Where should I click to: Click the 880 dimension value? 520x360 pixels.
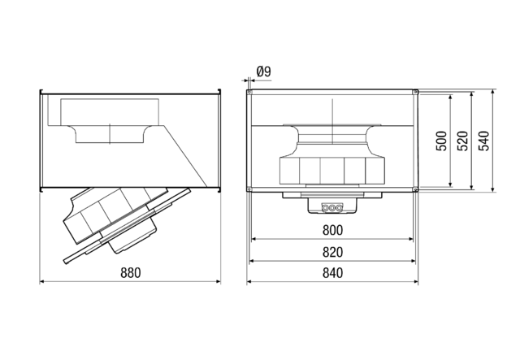click(130, 272)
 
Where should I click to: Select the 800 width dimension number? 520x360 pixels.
click(333, 230)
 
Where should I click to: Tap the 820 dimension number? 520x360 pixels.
click(333, 251)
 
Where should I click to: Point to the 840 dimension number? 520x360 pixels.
click(333, 272)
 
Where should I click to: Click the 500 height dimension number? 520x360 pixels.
click(440, 142)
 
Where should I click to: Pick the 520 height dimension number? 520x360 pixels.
click(461, 142)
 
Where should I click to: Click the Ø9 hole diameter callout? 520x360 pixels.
click(263, 72)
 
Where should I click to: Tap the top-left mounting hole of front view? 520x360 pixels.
click(249, 92)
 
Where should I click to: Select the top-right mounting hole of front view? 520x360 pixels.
click(416, 92)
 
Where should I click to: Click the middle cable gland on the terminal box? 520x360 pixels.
click(333, 206)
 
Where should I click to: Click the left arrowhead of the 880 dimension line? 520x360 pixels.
click(42, 282)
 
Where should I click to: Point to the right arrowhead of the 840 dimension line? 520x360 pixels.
click(417, 282)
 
